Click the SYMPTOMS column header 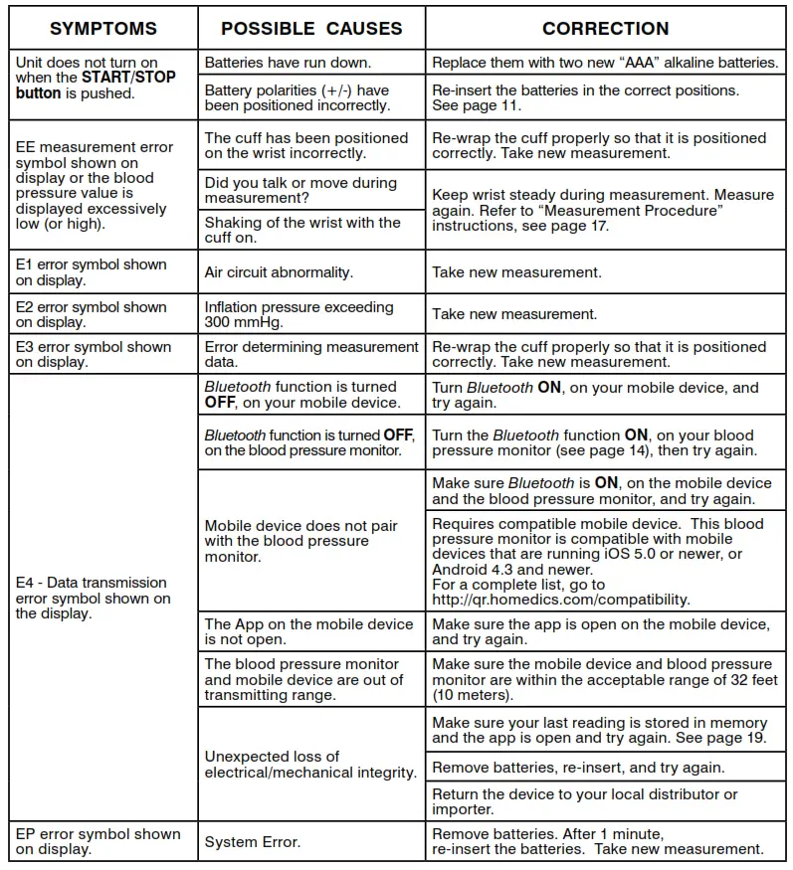point(103,28)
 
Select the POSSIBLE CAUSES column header point(311,28)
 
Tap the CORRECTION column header point(605,28)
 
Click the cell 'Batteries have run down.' point(289,63)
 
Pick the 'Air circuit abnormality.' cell point(280,271)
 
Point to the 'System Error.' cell point(253,842)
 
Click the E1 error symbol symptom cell point(92,271)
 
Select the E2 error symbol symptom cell point(92,314)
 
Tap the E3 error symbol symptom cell point(94,354)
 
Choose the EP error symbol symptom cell point(98,841)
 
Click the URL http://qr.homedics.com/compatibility point(560,600)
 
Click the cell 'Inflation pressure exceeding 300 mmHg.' point(299,314)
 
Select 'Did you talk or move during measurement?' point(300,190)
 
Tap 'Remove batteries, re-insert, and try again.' point(578,768)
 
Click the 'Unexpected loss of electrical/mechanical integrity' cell point(310,764)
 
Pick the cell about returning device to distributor point(585,801)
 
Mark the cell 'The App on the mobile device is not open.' point(308,631)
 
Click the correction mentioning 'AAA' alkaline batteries point(605,63)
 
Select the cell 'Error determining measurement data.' point(311,354)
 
